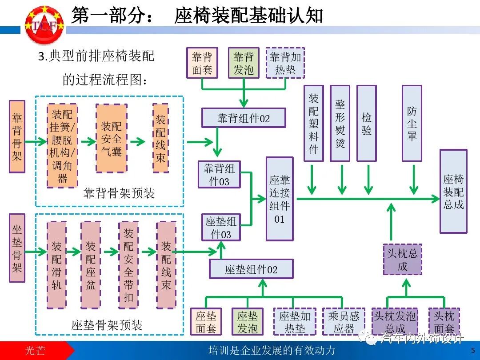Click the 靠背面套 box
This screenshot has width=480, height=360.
202,63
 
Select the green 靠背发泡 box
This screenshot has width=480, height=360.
244,63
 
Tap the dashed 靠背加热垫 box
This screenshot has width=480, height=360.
285,63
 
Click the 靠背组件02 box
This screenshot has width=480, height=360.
244,118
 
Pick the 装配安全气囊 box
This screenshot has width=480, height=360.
111,138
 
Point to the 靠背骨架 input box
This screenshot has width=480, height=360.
17,136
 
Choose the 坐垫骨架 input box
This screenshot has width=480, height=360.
17,248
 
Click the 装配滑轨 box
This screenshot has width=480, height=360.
56,265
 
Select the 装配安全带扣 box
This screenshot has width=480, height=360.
128,265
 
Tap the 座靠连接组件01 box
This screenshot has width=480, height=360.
280,199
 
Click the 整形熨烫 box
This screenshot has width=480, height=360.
340,123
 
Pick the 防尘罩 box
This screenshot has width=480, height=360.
412,123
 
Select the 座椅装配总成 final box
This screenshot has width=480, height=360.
453,191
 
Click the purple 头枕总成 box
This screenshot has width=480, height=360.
402,260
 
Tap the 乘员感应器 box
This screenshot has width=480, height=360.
344,322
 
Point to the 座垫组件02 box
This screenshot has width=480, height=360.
251,269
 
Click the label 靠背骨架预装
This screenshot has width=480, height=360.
119,193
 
